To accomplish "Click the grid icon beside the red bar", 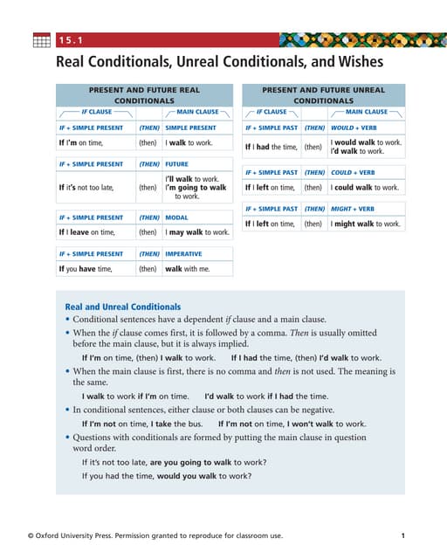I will pyautogui.click(x=42, y=40).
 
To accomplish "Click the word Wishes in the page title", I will pyautogui.click(x=347, y=62).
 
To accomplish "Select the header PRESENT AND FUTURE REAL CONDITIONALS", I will pyautogui.click(x=144, y=95).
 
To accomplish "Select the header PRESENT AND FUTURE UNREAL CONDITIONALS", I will pyautogui.click(x=323, y=95).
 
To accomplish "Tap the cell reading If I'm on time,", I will pyautogui.click(x=80, y=142).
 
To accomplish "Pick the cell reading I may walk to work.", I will pyautogui.click(x=197, y=232).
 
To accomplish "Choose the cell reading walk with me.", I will pyautogui.click(x=188, y=269).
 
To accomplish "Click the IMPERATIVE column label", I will pyautogui.click(x=185, y=253).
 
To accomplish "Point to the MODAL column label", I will pyautogui.click(x=177, y=217).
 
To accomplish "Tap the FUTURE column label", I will pyautogui.click(x=177, y=163).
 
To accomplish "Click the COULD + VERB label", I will pyautogui.click(x=352, y=172).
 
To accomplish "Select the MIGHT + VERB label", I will pyautogui.click(x=353, y=209).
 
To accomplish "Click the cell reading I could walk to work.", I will pyautogui.click(x=365, y=187).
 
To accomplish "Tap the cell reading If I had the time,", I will pyautogui.click(x=271, y=147).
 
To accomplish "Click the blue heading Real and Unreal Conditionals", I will pyautogui.click(x=123, y=307).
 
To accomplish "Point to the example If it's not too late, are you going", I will pyautogui.click(x=175, y=461).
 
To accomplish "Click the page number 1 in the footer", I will pyautogui.click(x=402, y=535).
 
